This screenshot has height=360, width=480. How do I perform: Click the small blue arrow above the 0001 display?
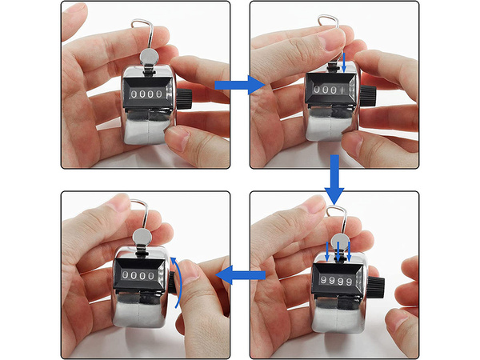[x=344, y=63]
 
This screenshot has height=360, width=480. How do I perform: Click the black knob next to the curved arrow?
[x=173, y=280]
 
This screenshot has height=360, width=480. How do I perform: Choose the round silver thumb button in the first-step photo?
[x=150, y=57]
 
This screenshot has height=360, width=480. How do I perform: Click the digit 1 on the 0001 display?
[x=343, y=90]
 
